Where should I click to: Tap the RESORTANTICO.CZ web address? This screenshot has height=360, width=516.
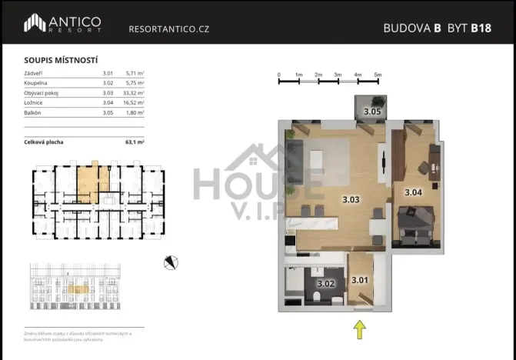tap(168, 29)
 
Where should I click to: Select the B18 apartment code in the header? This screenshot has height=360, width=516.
tap(481, 28)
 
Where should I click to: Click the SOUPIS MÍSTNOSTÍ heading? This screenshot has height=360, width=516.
tap(55, 60)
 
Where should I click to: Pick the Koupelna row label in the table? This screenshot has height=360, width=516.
tap(38, 82)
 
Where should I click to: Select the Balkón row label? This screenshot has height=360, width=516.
tap(34, 112)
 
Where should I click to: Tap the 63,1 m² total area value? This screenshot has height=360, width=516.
tap(135, 142)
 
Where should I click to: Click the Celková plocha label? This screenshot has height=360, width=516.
tap(45, 142)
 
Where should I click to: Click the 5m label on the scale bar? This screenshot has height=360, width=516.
tap(378, 75)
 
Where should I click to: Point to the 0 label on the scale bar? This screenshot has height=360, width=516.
tap(279, 75)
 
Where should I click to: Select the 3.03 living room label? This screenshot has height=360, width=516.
tap(351, 199)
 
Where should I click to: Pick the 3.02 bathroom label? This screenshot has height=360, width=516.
tap(326, 283)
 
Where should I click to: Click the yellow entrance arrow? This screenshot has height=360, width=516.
tap(359, 329)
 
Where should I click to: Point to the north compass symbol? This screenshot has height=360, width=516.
tap(171, 262)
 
